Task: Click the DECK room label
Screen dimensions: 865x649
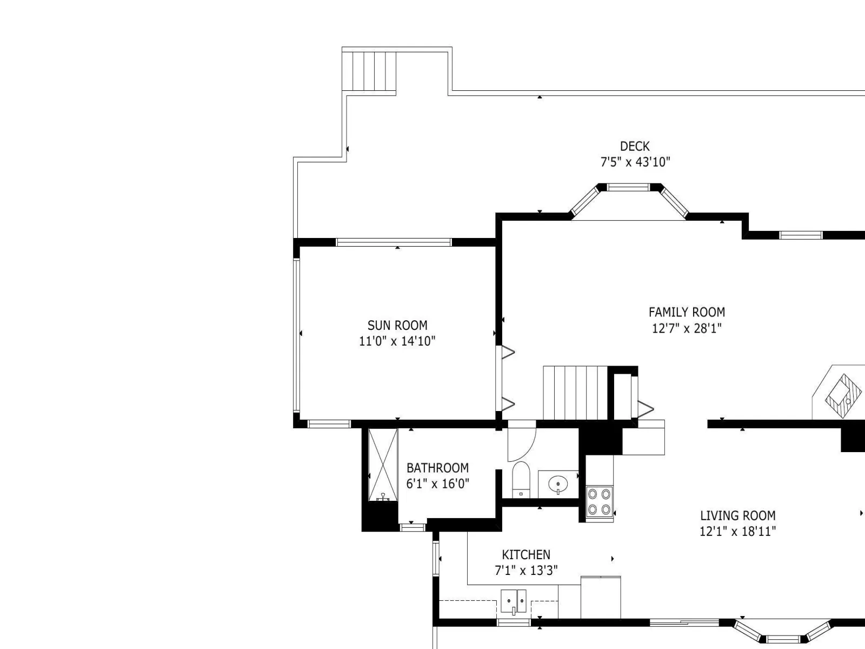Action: coord(635,147)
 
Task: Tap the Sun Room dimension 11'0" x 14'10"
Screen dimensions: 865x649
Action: coord(397,341)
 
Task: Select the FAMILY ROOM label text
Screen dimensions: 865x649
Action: coord(687,312)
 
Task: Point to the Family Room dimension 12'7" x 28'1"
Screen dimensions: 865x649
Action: coord(687,328)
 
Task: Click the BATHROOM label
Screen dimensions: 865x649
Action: coord(437,468)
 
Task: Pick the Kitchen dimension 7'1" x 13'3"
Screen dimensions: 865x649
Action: coord(526,570)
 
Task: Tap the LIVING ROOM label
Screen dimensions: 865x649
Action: coord(738,515)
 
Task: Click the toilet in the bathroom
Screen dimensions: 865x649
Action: coord(521,480)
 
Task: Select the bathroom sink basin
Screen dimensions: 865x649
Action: coord(558,483)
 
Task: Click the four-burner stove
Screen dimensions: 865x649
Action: coord(600,501)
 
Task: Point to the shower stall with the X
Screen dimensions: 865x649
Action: coord(383,465)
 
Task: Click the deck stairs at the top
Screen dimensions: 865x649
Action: coord(369,71)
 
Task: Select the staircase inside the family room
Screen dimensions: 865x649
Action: coord(575,393)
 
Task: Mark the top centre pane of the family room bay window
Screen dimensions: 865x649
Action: coord(628,187)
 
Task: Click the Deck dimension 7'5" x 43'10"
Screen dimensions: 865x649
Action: coord(635,162)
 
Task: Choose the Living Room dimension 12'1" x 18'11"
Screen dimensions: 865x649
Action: coord(738,531)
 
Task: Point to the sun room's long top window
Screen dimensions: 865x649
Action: coord(394,242)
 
